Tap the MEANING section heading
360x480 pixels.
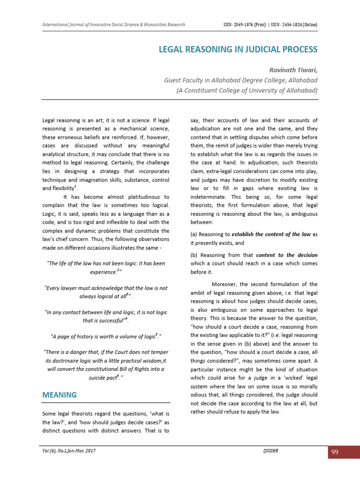pyautogui.click(x=59, y=395)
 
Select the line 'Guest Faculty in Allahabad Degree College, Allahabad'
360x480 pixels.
pyautogui.click(x=240, y=80)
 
